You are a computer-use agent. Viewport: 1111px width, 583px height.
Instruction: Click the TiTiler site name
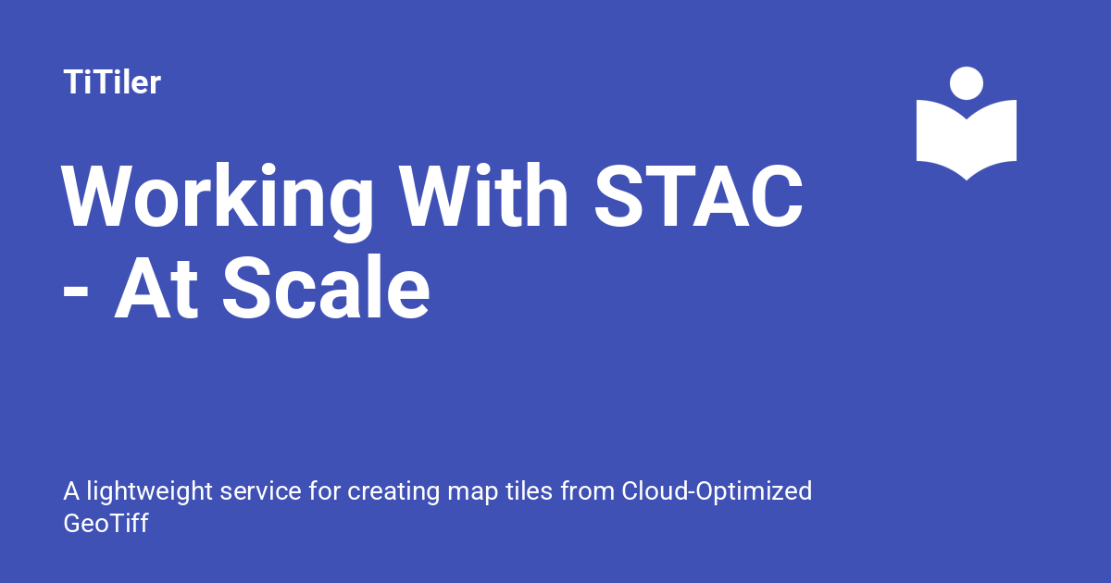112,83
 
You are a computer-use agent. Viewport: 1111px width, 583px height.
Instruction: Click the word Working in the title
218,199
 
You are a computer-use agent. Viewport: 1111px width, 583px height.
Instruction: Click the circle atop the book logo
967,83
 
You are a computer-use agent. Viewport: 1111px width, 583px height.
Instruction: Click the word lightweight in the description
143,491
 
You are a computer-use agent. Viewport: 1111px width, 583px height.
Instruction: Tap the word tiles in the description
526,491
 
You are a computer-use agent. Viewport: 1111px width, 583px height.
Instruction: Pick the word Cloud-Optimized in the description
717,491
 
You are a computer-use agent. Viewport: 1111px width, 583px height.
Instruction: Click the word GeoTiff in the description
106,523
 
